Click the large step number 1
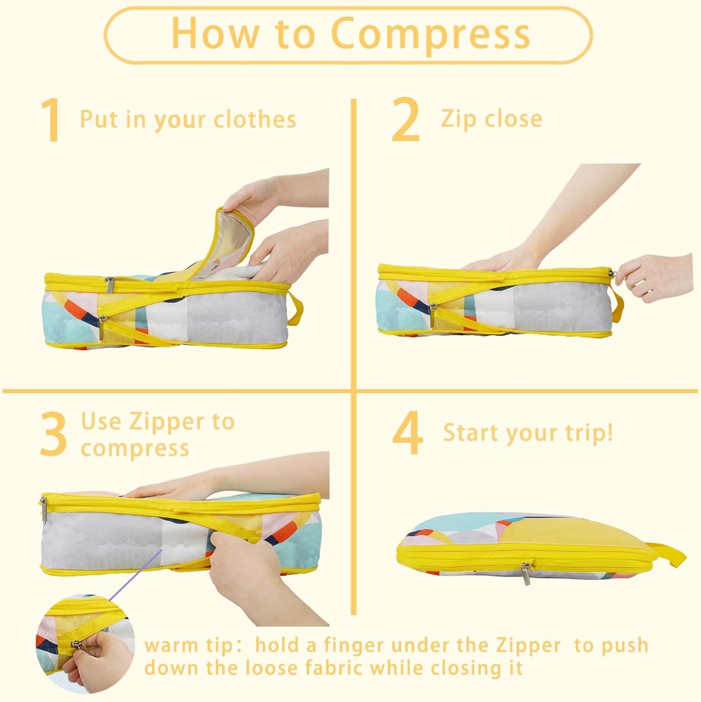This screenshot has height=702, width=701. (51, 120)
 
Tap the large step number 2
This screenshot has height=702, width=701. (405, 120)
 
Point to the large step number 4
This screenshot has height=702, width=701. (408, 434)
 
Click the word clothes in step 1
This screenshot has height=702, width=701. (255, 120)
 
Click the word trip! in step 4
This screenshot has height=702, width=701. (587, 433)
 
